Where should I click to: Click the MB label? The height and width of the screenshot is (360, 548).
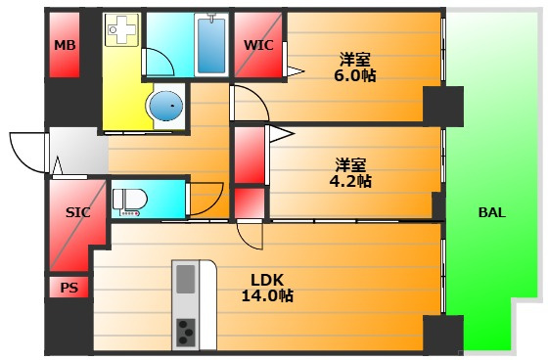(65, 45)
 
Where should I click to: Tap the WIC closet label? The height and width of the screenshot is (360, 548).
(258, 45)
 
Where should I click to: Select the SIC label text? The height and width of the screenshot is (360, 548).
(78, 212)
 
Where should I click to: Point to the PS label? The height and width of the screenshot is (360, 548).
(69, 288)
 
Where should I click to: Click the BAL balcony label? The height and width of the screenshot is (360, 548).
(491, 212)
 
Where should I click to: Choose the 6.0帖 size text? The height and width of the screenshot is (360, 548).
(355, 75)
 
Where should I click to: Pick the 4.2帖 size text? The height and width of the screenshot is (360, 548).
(350, 181)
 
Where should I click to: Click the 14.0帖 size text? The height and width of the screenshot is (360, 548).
(267, 295)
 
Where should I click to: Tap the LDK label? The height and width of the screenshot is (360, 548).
(267, 280)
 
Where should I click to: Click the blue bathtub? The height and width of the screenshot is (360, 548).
(211, 45)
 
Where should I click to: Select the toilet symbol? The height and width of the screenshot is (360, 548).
(129, 202)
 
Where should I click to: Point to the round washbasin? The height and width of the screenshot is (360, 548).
(165, 105)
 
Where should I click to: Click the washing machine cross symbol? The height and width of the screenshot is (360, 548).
(121, 29)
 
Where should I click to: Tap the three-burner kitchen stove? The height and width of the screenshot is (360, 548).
(186, 333)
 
